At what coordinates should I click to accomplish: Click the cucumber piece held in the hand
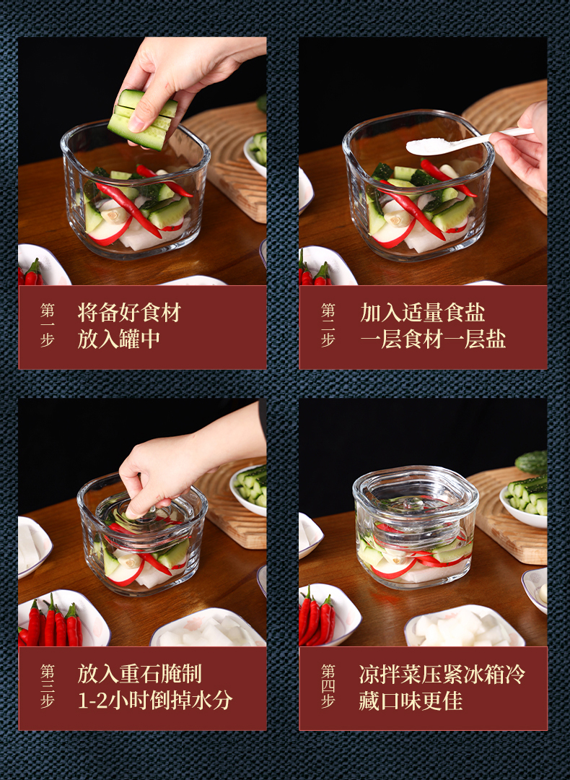143,119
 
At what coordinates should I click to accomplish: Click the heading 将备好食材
129,313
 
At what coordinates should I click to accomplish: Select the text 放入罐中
119,339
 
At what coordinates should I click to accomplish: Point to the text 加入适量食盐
422,313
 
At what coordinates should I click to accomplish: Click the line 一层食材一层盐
433,339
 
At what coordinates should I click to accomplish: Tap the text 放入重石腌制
140,674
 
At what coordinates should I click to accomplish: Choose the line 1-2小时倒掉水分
155,701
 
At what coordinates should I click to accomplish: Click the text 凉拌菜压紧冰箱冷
442,674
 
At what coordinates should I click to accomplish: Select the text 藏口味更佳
411,701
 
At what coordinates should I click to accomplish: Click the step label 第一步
47,325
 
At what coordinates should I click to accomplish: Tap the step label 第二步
328,325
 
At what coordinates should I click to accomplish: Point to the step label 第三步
47,686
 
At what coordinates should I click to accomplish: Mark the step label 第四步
328,686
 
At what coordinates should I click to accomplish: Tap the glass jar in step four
415,527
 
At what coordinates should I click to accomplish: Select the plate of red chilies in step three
62,620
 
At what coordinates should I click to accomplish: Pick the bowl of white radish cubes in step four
464,627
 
